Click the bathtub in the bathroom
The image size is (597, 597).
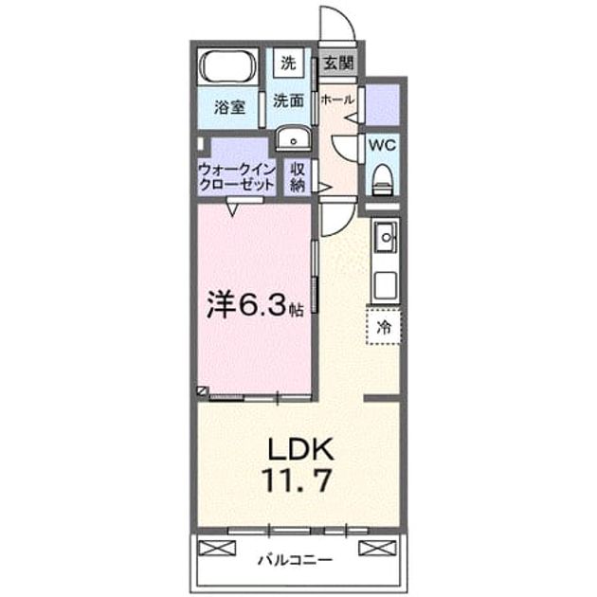click(228, 66)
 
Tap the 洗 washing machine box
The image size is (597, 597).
click(288, 63)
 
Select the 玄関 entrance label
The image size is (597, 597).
click(338, 63)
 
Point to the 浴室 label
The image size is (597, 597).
click(229, 107)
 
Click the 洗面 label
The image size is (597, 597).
click(288, 100)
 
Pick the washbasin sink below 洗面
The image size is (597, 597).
click(293, 138)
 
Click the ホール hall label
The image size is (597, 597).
click(337, 99)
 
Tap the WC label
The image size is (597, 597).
click(382, 145)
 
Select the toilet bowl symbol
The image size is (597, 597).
click(382, 179)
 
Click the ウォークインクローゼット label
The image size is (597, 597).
click(237, 177)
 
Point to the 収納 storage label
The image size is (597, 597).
click(298, 177)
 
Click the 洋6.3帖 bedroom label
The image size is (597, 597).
click(255, 306)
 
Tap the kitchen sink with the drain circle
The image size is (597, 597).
click(387, 238)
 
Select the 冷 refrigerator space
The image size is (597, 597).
click(384, 327)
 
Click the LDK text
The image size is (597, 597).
click(300, 449)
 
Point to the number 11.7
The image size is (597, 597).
click(297, 480)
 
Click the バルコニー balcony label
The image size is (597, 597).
click(295, 560)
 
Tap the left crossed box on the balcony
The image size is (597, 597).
click(217, 548)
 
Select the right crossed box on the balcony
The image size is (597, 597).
click(378, 548)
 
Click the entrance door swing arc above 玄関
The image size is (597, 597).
click(346, 18)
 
